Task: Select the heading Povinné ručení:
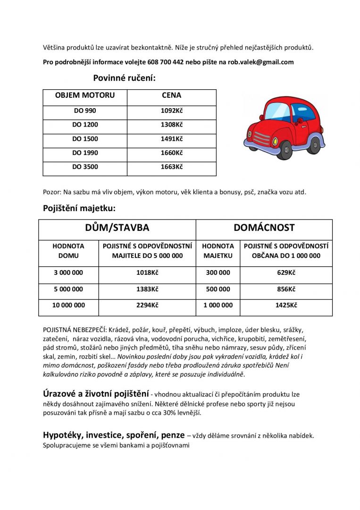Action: coord(124,78)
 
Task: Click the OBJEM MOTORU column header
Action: coord(85,95)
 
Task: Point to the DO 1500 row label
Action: coord(85,139)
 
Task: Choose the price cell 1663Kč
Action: coord(171,167)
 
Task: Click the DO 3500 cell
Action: coord(85,167)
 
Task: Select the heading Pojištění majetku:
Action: coord(79,208)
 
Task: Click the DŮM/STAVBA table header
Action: coord(117,228)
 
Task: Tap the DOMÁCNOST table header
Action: coord(264,228)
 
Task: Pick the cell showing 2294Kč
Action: coord(147,306)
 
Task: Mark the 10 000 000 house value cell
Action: coord(68,306)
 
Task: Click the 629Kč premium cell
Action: coord(286,273)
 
